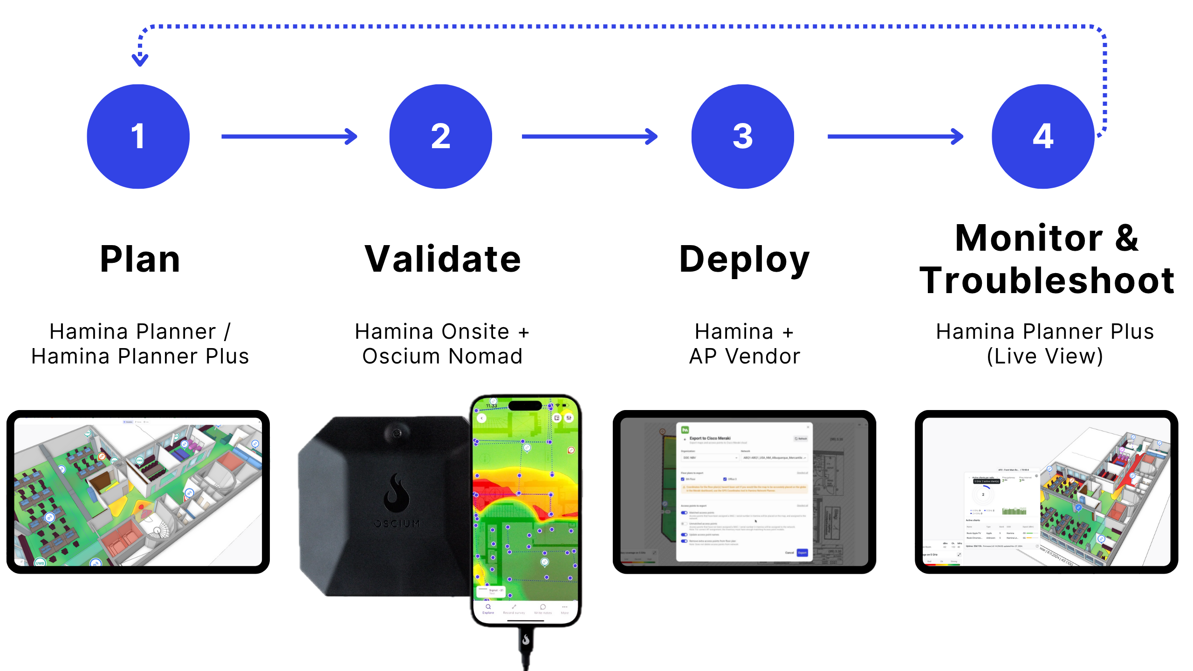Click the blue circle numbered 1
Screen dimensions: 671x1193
pos(138,137)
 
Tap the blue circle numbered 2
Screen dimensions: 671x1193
pos(440,137)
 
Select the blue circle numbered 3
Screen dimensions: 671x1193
pos(742,137)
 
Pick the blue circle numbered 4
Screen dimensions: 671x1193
pos(1043,137)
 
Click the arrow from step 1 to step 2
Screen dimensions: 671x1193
pos(289,137)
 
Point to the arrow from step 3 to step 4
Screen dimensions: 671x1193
pos(895,137)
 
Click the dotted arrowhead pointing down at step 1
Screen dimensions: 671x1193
pos(140,60)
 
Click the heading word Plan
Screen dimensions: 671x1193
pos(140,259)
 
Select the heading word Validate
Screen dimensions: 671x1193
pos(443,259)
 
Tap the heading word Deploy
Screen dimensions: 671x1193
pos(744,259)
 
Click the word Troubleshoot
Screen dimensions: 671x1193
pos(1047,281)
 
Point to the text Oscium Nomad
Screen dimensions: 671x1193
pos(443,356)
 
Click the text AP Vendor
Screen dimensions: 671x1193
pos(745,356)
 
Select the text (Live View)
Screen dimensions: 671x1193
pos(1045,356)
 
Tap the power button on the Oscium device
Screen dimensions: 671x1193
pos(397,433)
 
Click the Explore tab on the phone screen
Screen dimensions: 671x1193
pos(488,609)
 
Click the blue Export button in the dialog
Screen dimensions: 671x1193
pos(802,553)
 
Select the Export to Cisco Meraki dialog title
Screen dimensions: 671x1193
pos(710,438)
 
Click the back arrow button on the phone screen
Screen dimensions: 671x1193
pos(482,418)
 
